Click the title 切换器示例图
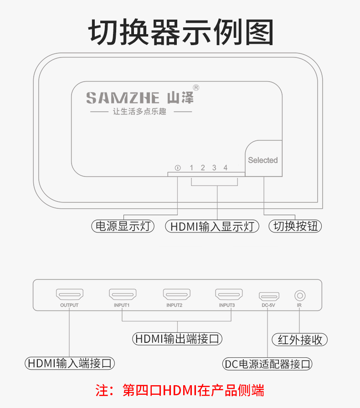pyautogui.click(x=180, y=32)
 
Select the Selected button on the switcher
pyautogui.click(x=263, y=160)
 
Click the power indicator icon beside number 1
pyautogui.click(x=178, y=168)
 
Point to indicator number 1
pyautogui.click(x=191, y=168)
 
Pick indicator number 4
pyautogui.click(x=226, y=168)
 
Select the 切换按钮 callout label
pyautogui.click(x=295, y=226)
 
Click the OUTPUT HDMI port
pyautogui.click(x=69, y=294)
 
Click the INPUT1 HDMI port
pyautogui.click(x=122, y=294)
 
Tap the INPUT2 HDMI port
pyautogui.click(x=177, y=294)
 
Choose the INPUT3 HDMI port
pyautogui.click(x=229, y=294)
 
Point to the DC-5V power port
pyautogui.click(x=269, y=295)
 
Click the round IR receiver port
pyautogui.click(x=299, y=295)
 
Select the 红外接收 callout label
pyautogui.click(x=299, y=340)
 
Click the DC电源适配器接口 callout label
pyautogui.click(x=268, y=364)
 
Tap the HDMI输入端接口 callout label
pyautogui.click(x=69, y=363)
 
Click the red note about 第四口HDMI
pyautogui.click(x=180, y=390)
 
